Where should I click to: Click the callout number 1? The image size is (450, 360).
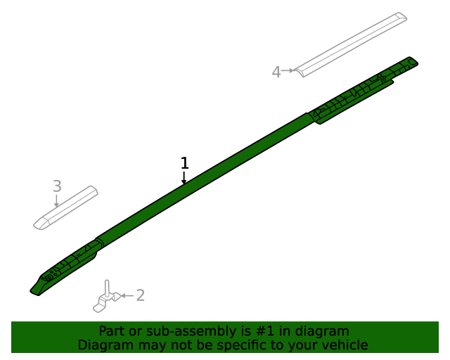(185, 163)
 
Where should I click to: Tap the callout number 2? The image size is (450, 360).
(141, 295)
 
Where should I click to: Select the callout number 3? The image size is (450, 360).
(57, 186)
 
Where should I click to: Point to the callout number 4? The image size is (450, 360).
(276, 72)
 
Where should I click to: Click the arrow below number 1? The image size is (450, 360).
(184, 178)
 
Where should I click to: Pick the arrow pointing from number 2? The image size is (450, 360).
(127, 295)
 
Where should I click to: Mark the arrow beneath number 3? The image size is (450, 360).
(56, 200)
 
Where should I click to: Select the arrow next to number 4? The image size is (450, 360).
(288, 70)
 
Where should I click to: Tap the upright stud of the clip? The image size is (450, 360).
(107, 288)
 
